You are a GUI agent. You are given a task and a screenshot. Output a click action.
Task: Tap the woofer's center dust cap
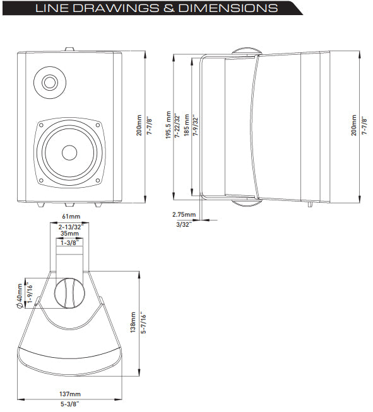pyautogui.click(x=69, y=152)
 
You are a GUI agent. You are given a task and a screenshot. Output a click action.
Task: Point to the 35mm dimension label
pyautogui.click(x=69, y=233)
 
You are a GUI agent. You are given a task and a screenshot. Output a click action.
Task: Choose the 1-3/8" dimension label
pyautogui.click(x=69, y=242)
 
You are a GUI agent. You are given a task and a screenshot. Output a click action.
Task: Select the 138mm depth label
pyautogui.click(x=133, y=324)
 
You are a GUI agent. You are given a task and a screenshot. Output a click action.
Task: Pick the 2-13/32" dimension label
pyautogui.click(x=69, y=225)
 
